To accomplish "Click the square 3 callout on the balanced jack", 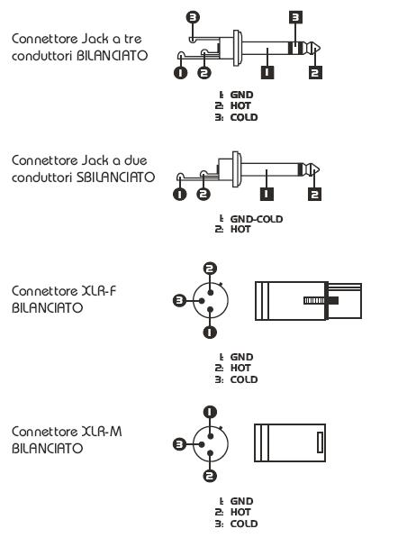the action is pyautogui.click(x=295, y=17).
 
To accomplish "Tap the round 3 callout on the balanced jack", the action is pyautogui.click(x=193, y=17).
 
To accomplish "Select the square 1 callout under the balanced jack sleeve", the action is pyautogui.click(x=267, y=72).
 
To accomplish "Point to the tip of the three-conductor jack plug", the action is pyautogui.click(x=320, y=49).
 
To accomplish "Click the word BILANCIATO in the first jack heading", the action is pyautogui.click(x=112, y=56).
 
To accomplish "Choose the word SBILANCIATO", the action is pyautogui.click(x=115, y=178).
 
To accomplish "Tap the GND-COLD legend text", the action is pyautogui.click(x=257, y=219).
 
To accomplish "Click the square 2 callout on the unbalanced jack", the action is pyautogui.click(x=314, y=194).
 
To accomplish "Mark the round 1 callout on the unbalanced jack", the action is pyautogui.click(x=180, y=194).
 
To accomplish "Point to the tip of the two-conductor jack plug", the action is pyautogui.click(x=319, y=170).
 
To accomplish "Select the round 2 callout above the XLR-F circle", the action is pyautogui.click(x=210, y=269).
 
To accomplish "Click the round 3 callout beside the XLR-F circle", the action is pyautogui.click(x=180, y=300).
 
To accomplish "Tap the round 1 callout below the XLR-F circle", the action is pyautogui.click(x=210, y=332).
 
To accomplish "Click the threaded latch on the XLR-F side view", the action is pyautogui.click(x=321, y=300).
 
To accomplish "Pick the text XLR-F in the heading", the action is pyautogui.click(x=98, y=290).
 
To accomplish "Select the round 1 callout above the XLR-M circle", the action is pyautogui.click(x=210, y=412).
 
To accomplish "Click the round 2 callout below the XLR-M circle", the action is pyautogui.click(x=210, y=476).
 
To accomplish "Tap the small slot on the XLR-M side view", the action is pyautogui.click(x=320, y=442).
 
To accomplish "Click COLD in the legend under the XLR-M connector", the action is pyautogui.click(x=244, y=524).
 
